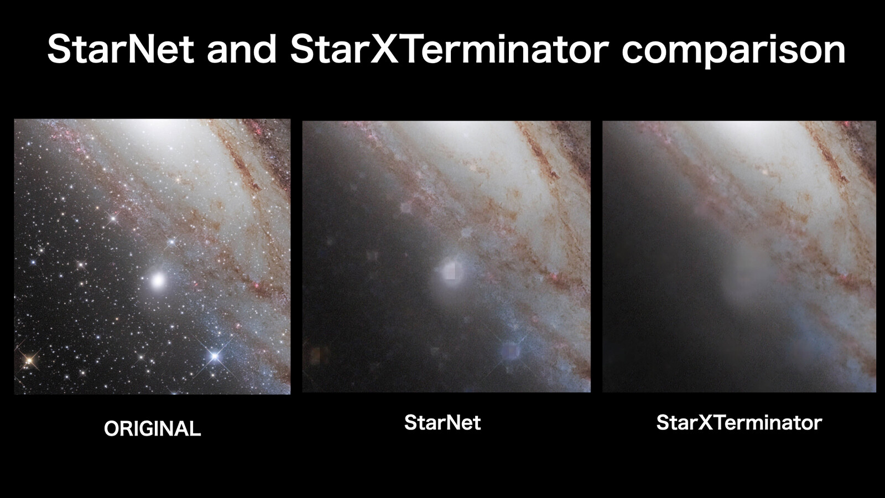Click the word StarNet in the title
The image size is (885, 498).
pos(121,49)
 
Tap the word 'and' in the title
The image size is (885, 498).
pos(241,50)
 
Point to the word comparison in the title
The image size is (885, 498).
pos(733,52)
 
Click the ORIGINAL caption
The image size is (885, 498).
pos(153,429)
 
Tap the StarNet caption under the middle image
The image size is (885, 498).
pos(442,423)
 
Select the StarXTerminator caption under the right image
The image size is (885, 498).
pos(739,423)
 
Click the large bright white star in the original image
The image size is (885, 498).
pos(158,280)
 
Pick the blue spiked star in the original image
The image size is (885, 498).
pos(215,356)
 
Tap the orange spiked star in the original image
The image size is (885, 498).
pos(28,360)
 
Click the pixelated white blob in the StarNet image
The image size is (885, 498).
pos(450,271)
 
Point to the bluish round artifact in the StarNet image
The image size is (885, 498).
pos(510,351)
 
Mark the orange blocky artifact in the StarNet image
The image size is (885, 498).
pos(319,355)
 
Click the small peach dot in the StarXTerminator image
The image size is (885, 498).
pos(766,172)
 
